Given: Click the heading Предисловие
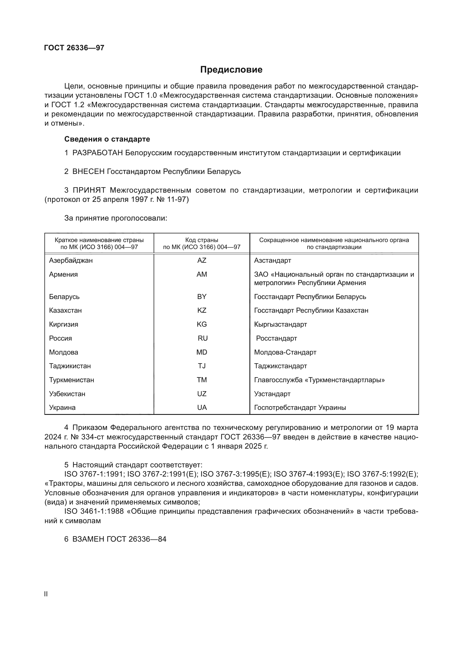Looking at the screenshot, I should pyautogui.click(x=231, y=70).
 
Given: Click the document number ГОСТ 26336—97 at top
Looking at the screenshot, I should pyautogui.click(x=74, y=48).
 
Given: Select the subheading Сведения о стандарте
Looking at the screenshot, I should pyautogui.click(x=107, y=139).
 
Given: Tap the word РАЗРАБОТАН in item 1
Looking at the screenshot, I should pyautogui.click(x=97, y=153).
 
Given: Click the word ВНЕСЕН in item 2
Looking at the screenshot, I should pyautogui.click(x=89, y=171).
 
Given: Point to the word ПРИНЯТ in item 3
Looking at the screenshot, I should pyautogui.click(x=89, y=190).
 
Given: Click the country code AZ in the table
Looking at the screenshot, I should pyautogui.click(x=202, y=260).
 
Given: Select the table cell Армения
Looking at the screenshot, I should pyautogui.click(x=63, y=274).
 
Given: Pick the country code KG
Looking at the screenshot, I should pyautogui.click(x=202, y=324).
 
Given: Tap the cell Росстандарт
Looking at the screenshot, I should pyautogui.click(x=276, y=338).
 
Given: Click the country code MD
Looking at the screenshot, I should pyautogui.click(x=202, y=352).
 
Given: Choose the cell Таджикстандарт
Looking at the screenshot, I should pyautogui.click(x=280, y=366).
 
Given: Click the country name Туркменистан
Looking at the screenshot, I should pyautogui.click(x=72, y=380).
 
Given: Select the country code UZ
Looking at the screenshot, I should pyautogui.click(x=202, y=394).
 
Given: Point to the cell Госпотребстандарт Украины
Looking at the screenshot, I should pyautogui.click(x=300, y=408).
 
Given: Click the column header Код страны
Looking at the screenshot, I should pyautogui.click(x=202, y=240).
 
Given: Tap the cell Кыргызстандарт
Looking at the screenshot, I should pyautogui.click(x=280, y=324).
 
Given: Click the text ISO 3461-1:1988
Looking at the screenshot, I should pyautogui.click(x=94, y=511).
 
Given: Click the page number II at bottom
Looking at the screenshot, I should pyautogui.click(x=46, y=594).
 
